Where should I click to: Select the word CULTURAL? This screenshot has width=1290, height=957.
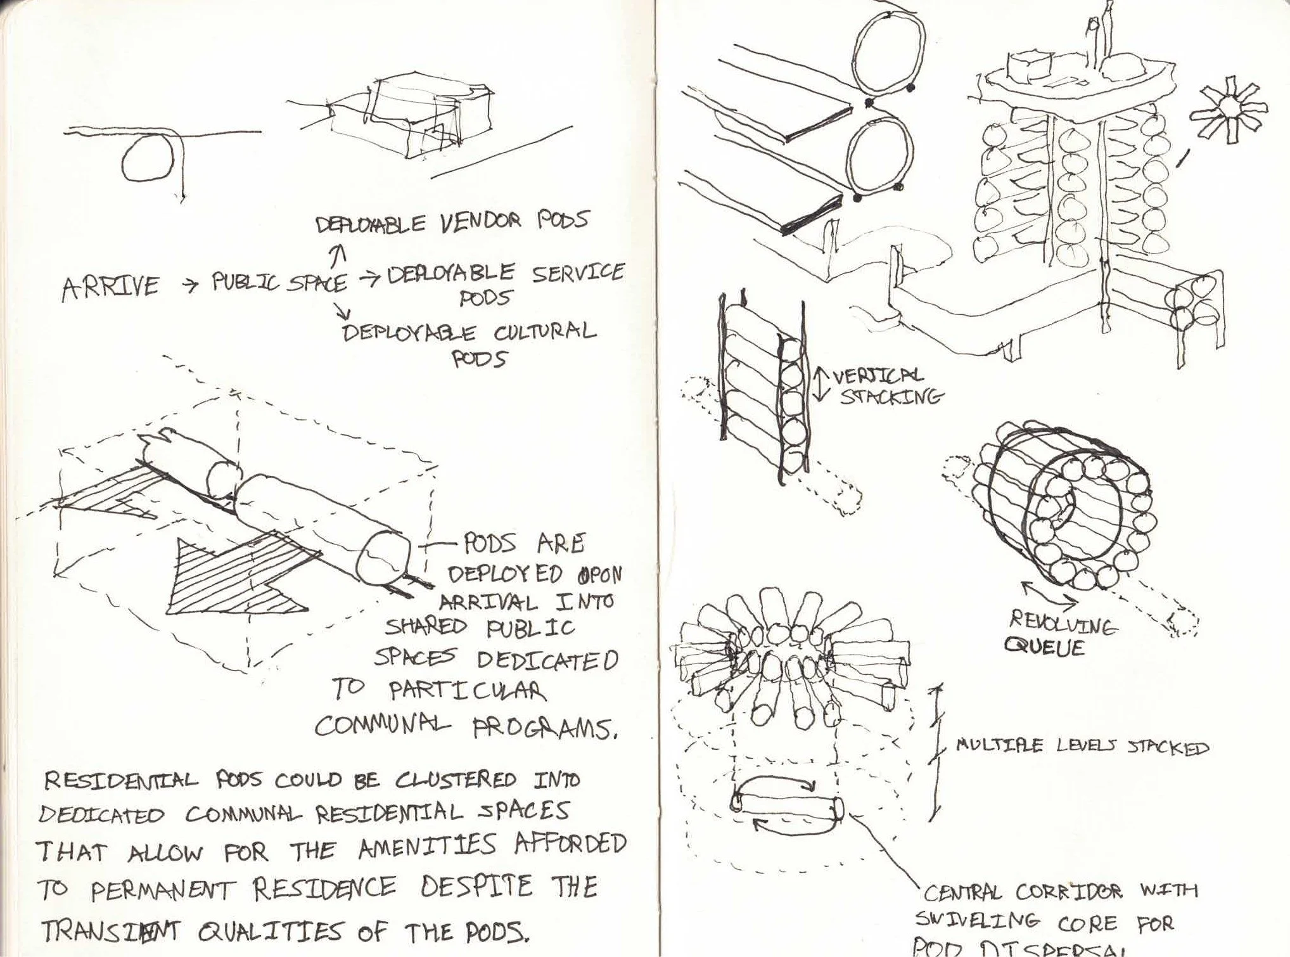pyautogui.click(x=544, y=332)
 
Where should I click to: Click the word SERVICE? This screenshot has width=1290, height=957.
pyautogui.click(x=577, y=273)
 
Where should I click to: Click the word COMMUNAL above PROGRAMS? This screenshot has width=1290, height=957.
pyautogui.click(x=383, y=724)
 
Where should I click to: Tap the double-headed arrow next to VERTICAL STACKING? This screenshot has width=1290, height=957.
pyautogui.click(x=821, y=383)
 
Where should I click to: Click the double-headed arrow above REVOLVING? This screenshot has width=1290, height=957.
pyautogui.click(x=1049, y=594)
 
